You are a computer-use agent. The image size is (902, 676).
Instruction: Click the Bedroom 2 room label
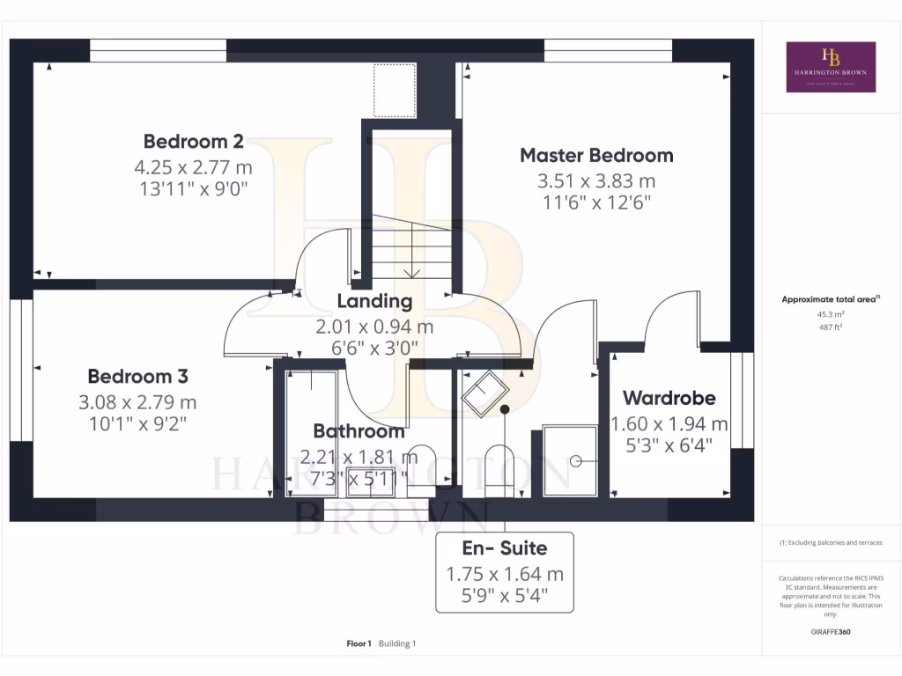tap(194, 141)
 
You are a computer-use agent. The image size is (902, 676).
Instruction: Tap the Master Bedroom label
tap(596, 156)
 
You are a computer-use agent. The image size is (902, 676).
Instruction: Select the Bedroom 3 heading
tap(137, 377)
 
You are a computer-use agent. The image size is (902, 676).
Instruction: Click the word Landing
tap(374, 301)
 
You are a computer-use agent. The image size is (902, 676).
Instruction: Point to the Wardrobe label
tap(669, 398)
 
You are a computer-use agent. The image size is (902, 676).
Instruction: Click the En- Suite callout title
tap(505, 548)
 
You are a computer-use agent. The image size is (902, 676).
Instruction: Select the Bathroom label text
tap(359, 431)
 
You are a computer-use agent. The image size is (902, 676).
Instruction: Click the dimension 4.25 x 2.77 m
tap(194, 166)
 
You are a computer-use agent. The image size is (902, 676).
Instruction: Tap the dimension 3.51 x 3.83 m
tap(596, 181)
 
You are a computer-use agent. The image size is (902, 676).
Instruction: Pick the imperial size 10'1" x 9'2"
tap(137, 423)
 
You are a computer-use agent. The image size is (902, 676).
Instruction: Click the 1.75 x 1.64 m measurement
tap(505, 574)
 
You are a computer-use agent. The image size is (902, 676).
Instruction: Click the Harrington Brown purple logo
tap(831, 67)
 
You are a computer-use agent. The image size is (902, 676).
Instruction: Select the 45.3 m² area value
tap(831, 314)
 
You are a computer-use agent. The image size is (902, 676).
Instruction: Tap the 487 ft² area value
tap(831, 327)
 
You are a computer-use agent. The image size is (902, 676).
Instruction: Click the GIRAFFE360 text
tap(831, 631)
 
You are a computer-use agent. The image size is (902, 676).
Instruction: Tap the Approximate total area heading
tap(831, 299)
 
